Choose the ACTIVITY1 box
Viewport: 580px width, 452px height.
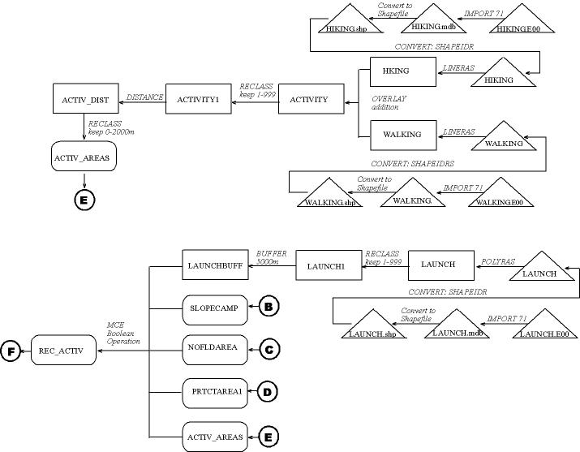pyautogui.click(x=198, y=99)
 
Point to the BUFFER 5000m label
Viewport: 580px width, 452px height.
pyautogui.click(x=269, y=257)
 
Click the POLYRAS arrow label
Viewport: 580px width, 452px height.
pyautogui.click(x=495, y=263)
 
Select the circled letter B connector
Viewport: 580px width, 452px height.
pyautogui.click(x=269, y=308)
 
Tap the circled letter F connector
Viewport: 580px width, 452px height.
pyautogui.click(x=11, y=351)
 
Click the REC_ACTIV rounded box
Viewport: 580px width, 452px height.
pyautogui.click(x=62, y=351)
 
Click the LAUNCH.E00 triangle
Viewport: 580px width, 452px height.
pyautogui.click(x=541, y=328)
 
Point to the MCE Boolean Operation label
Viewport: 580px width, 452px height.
pyautogui.click(x=123, y=333)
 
